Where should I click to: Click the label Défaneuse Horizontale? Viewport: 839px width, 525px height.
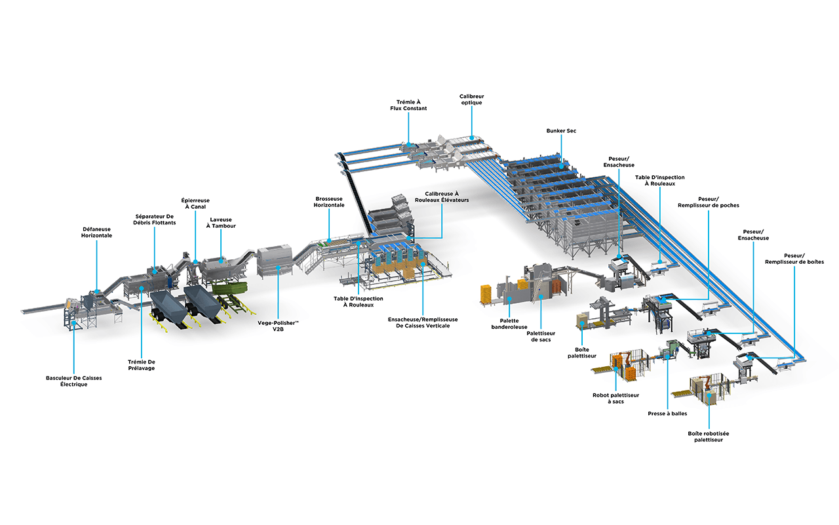(96, 232)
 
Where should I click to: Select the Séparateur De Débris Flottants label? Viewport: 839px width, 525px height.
(154, 219)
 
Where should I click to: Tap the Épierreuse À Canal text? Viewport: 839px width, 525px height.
(195, 203)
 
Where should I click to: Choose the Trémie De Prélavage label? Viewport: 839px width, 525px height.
(142, 365)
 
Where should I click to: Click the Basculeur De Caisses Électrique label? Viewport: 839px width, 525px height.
(74, 381)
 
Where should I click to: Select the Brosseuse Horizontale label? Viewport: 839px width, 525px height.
(329, 201)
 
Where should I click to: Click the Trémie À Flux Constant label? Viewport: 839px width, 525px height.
(408, 105)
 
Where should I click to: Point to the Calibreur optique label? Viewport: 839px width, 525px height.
(471, 99)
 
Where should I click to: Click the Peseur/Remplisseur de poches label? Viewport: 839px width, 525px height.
(709, 202)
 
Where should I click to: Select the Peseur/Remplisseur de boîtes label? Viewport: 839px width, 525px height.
(794, 259)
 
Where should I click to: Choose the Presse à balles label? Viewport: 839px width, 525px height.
(667, 414)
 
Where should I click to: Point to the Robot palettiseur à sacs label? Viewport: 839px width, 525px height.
(615, 398)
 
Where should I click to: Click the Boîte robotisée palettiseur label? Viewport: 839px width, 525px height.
(709, 437)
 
